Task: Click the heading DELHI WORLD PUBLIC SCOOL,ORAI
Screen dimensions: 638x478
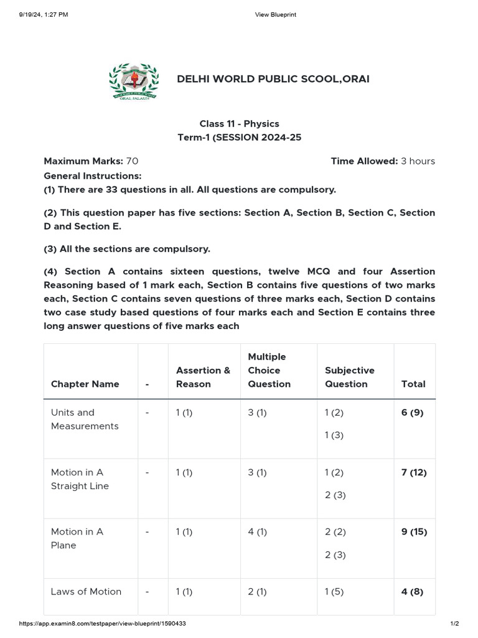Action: coord(273,79)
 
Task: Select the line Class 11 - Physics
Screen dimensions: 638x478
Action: coord(239,124)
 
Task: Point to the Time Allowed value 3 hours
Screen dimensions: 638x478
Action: coord(418,161)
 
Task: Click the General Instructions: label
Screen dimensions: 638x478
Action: coord(93,176)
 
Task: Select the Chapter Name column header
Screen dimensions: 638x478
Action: coord(85,384)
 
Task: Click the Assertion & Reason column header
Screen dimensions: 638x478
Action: coord(203,377)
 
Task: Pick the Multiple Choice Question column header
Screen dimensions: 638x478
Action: coord(269,370)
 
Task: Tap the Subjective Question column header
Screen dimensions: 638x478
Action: coord(349,377)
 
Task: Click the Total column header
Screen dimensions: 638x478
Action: coord(413,384)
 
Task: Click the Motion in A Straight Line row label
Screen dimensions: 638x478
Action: coord(80,479)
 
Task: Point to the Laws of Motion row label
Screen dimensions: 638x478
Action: coord(86,591)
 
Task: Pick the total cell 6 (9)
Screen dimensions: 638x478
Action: coord(412,412)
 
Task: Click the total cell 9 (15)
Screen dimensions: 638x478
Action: coord(415,531)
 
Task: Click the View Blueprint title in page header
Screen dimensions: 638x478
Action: coord(276,14)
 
